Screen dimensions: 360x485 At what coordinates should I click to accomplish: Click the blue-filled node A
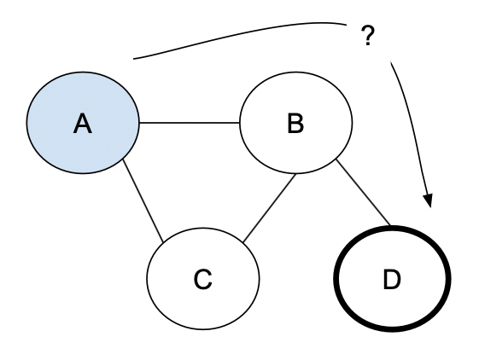click(x=83, y=124)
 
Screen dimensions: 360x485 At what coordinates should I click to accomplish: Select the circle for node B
click(x=295, y=124)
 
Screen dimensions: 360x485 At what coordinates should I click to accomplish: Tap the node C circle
click(x=202, y=279)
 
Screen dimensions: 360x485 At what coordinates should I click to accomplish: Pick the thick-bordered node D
click(x=391, y=279)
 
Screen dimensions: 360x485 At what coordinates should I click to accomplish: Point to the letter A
click(x=82, y=125)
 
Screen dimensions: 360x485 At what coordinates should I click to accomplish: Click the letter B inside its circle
click(x=295, y=125)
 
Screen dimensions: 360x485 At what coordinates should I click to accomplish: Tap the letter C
click(x=202, y=280)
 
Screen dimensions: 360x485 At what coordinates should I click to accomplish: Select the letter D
click(x=391, y=280)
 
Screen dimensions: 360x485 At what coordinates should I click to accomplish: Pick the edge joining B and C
click(x=268, y=205)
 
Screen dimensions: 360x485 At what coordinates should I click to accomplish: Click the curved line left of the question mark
click(x=239, y=35)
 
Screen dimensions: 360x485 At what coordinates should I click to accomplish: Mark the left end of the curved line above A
click(x=135, y=59)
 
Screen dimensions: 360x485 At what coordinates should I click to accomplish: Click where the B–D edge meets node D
click(x=391, y=227)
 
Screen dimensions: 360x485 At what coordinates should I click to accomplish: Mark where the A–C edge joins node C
click(x=164, y=241)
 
